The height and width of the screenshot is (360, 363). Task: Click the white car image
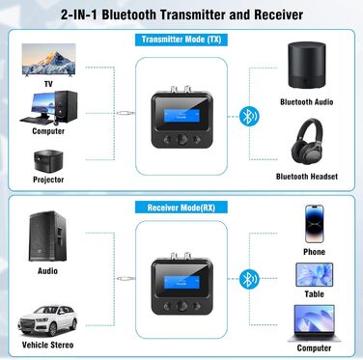point(46,317)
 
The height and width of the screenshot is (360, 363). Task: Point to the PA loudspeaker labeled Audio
point(46,235)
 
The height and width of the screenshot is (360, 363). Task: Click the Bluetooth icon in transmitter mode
point(247,112)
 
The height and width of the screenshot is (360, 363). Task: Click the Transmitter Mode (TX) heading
point(181,39)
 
